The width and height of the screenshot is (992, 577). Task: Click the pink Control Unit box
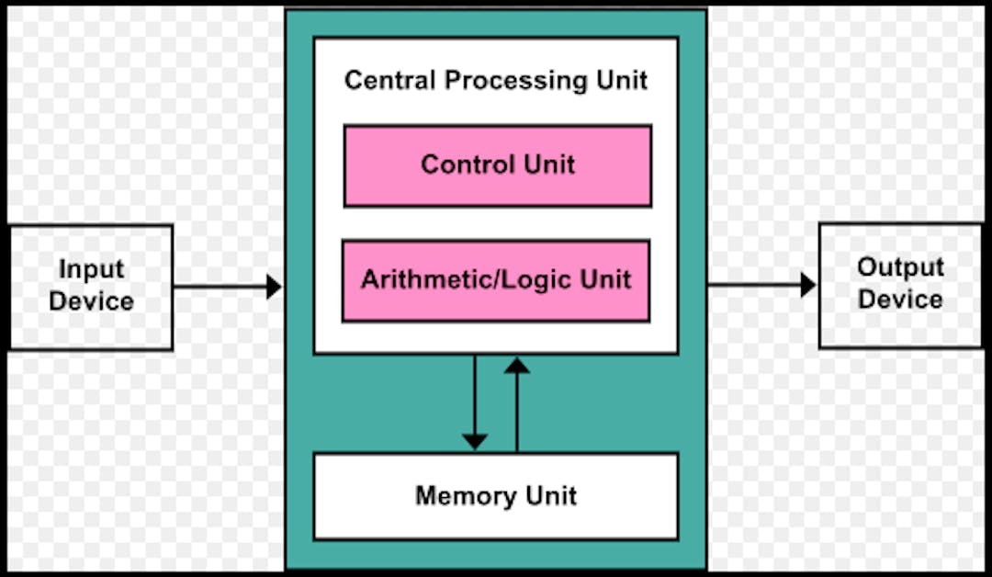coord(497,165)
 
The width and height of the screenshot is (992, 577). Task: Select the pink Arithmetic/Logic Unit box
coord(496,281)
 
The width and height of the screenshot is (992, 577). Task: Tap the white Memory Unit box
coord(496,496)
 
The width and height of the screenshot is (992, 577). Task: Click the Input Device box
coord(91,287)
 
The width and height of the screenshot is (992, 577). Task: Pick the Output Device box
coord(900,285)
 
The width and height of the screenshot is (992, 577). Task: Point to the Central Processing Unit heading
coord(496,80)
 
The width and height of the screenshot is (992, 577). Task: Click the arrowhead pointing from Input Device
coord(274,287)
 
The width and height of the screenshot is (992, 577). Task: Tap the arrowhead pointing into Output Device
coord(808,285)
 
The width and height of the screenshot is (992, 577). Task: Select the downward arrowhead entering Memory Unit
coord(475,442)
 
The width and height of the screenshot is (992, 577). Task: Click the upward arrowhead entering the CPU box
coord(517,365)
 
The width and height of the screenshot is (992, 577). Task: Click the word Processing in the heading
coord(515,81)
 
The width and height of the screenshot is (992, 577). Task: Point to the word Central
coord(390,80)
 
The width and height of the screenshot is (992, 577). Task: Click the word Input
coord(91,270)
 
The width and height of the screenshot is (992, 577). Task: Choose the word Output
coord(900,267)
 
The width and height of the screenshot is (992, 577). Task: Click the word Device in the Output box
coord(900,300)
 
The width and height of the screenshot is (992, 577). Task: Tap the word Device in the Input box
coord(91,301)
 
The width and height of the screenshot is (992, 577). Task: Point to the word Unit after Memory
coord(551,496)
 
